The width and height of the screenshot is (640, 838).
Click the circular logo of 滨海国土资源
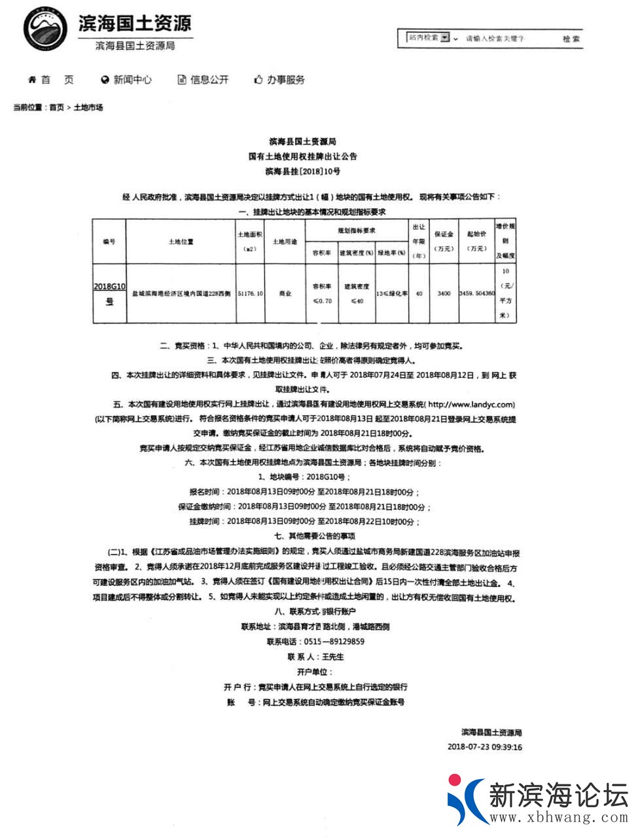[46, 29]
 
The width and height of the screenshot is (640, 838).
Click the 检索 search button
[571, 39]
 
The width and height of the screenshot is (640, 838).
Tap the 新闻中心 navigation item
[126, 80]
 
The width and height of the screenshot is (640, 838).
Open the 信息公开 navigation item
[204, 80]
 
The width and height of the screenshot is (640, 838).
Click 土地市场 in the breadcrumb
[88, 107]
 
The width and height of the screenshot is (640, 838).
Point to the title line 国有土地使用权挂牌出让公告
[303, 156]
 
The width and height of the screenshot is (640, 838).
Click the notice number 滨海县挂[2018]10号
[303, 172]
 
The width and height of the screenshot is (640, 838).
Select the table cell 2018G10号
[109, 293]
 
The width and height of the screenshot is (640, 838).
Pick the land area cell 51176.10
[250, 294]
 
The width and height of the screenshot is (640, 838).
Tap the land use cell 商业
[285, 294]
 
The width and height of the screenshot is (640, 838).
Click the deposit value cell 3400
[444, 294]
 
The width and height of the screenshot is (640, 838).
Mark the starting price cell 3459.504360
[476, 294]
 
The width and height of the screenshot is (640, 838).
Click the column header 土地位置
[181, 242]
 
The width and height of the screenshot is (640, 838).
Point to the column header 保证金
[444, 241]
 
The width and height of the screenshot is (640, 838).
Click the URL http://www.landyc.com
[471, 405]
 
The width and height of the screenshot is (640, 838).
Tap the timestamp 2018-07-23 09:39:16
[485, 747]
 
